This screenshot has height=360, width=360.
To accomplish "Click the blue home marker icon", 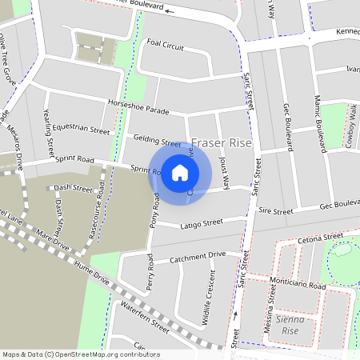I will [x=180, y=173].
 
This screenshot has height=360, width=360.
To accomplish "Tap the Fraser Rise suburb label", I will [x=222, y=144].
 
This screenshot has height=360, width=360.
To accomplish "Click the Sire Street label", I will [x=277, y=211].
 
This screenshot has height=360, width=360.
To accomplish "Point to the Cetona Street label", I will [x=320, y=238].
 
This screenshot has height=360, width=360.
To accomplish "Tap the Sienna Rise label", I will [x=286, y=325].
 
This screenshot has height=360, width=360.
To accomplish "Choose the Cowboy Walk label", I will [x=350, y=131].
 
